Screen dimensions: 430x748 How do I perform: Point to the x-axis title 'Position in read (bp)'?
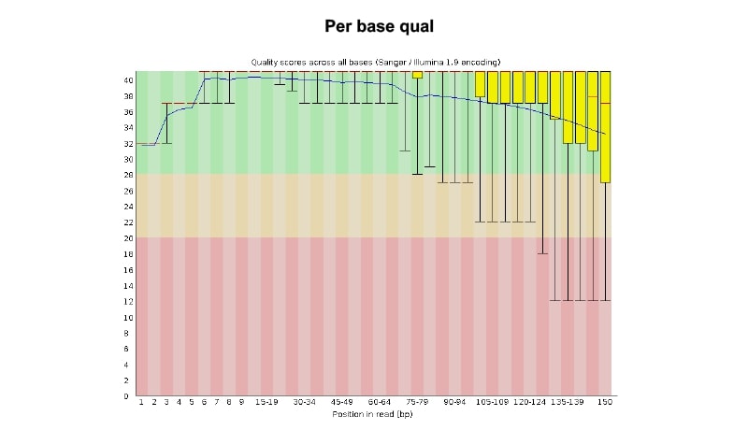click(373, 412)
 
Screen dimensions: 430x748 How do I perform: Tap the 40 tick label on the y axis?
click(128, 80)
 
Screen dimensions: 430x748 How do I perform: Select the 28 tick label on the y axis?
click(128, 175)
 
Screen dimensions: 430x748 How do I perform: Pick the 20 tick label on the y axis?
click(128, 237)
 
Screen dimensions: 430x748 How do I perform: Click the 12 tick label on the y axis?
click(128, 301)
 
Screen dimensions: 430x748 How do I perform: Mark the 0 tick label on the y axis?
click(130, 395)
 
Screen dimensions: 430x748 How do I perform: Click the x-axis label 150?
click(606, 403)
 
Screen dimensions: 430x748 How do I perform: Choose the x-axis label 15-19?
click(266, 403)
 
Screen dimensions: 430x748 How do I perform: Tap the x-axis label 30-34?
click(304, 403)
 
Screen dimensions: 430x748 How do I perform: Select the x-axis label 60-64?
click(380, 403)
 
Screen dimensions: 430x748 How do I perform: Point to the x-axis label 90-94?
click(455, 403)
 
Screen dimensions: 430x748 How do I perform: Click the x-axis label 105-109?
click(493, 403)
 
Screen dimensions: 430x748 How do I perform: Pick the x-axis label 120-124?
click(530, 403)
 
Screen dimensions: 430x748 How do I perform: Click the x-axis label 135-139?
click(568, 403)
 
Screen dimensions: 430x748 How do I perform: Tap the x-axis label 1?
click(141, 403)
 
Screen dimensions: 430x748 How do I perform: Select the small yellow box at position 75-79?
click(417, 75)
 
